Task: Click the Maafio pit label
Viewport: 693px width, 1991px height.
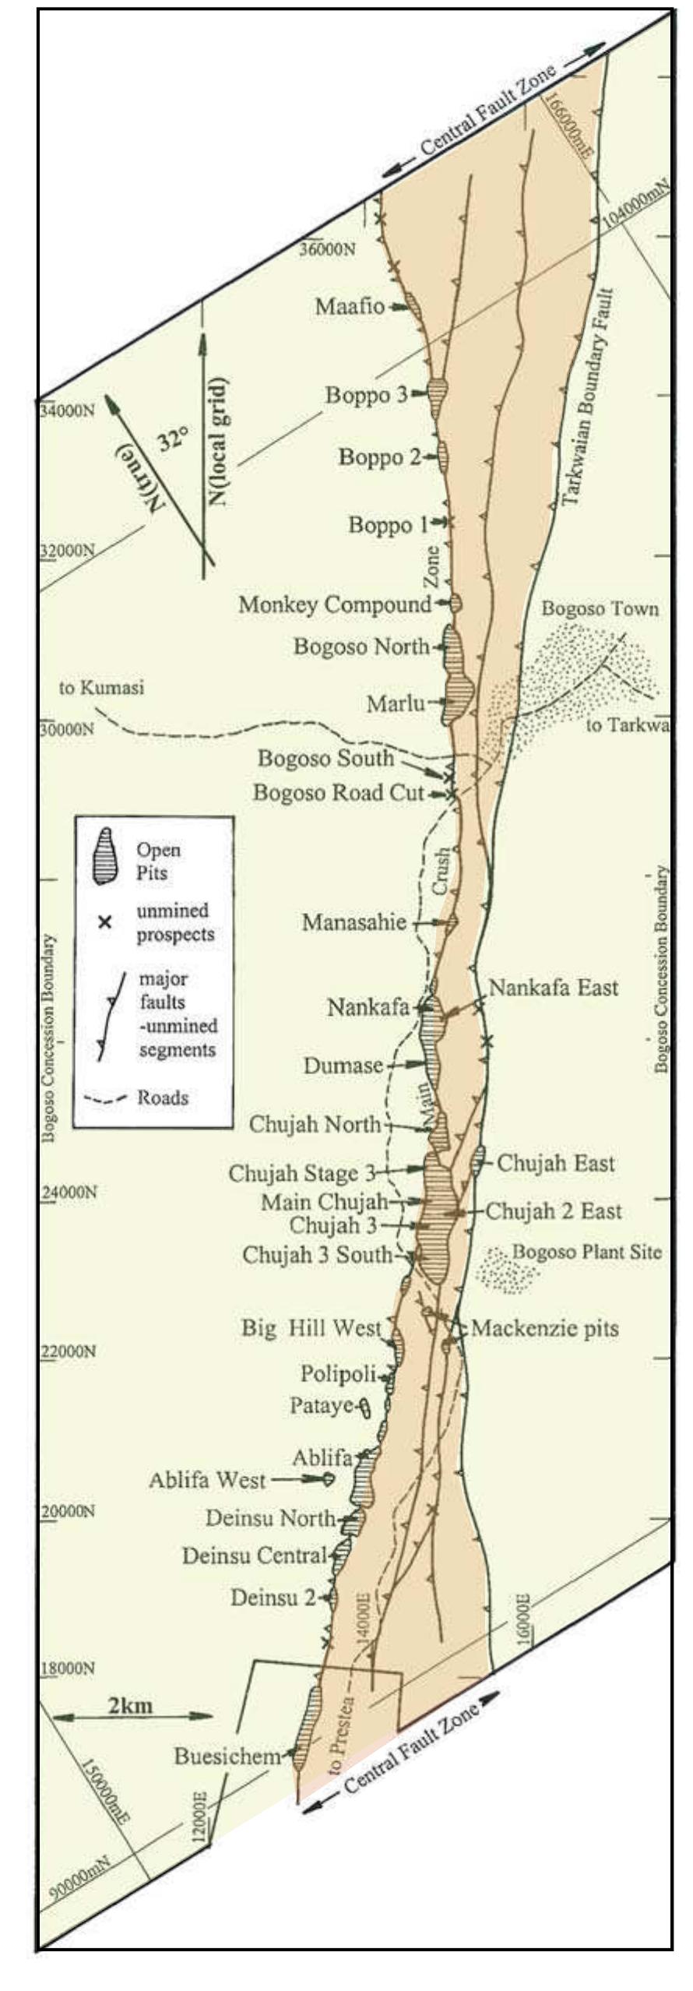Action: tap(350, 306)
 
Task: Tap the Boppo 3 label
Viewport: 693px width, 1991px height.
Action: tap(365, 395)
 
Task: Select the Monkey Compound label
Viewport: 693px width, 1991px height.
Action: tap(335, 604)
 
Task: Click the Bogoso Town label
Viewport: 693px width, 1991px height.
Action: tap(600, 608)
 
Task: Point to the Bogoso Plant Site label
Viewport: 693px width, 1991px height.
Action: tap(586, 1252)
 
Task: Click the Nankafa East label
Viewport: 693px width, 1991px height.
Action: tap(553, 988)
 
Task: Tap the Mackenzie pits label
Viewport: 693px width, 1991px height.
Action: tap(544, 1328)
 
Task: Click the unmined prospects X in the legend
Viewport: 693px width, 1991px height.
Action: tap(104, 922)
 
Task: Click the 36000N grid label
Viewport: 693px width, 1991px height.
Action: tap(328, 249)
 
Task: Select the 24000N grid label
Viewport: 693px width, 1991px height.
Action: tap(69, 1192)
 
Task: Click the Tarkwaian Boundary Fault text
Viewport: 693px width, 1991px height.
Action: tap(589, 398)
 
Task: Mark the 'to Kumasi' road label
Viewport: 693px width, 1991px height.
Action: tap(102, 689)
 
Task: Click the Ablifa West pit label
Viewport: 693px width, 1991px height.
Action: tap(207, 1479)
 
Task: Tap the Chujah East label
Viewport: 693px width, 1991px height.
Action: tap(555, 1164)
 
